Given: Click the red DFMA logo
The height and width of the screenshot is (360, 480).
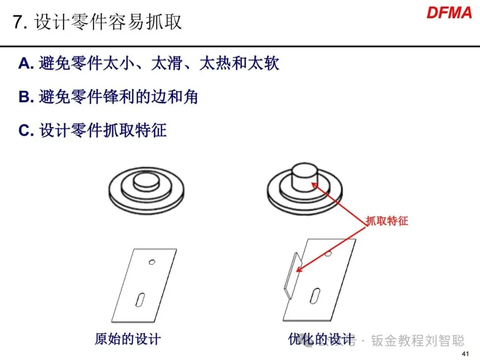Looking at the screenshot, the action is (449, 13).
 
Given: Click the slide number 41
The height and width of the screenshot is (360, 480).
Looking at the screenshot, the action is (465, 354).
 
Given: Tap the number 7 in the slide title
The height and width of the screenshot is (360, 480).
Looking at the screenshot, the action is (18, 22).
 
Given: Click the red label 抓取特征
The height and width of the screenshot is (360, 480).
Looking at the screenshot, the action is (387, 221).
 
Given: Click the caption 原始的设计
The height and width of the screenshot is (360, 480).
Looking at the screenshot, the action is (128, 339).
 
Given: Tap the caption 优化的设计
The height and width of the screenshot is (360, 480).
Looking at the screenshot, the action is (321, 339).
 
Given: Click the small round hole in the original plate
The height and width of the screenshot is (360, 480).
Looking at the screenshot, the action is (152, 262).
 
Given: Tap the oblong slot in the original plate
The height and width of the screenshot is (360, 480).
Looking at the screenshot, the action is (140, 300).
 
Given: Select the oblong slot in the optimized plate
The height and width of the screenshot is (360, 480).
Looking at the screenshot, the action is (315, 296).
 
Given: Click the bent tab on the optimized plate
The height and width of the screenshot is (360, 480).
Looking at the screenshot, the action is (293, 276).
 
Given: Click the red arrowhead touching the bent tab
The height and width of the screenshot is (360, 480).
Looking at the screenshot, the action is (300, 269).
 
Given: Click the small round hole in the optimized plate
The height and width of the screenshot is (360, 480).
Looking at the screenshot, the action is (328, 253).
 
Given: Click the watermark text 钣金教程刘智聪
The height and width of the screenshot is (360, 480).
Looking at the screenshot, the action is (418, 340).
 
